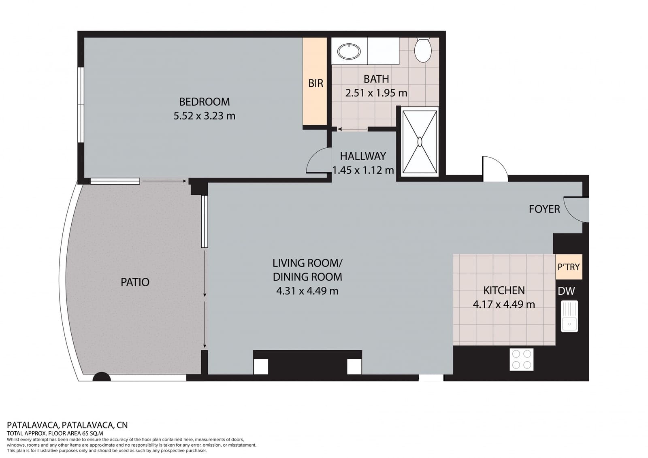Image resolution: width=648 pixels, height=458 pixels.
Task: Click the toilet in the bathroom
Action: [x=423, y=50]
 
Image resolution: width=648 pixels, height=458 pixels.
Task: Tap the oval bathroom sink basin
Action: [x=349, y=51]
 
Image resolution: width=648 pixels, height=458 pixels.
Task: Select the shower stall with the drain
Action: [x=420, y=142]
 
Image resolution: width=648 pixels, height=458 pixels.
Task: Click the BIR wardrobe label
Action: [x=315, y=83]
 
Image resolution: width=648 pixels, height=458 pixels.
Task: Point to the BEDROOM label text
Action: [x=204, y=101]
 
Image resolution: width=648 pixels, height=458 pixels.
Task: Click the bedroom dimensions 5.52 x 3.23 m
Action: [x=204, y=116]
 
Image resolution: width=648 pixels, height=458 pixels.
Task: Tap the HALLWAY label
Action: [x=362, y=156]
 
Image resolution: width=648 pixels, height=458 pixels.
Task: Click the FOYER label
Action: [x=544, y=209]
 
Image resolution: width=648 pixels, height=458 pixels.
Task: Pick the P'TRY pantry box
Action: [x=569, y=267]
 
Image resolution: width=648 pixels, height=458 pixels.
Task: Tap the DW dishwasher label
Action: [x=566, y=291]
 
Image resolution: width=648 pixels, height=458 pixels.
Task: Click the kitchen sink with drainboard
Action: [x=569, y=316]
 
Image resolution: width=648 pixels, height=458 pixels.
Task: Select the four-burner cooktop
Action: [x=521, y=359]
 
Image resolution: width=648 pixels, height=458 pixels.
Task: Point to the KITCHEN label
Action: [x=504, y=290]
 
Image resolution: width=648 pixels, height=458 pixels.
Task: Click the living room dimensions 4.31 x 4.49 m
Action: [x=307, y=291]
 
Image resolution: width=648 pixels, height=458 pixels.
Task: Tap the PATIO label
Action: [x=135, y=282]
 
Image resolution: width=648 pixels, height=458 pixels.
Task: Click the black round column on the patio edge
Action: [x=101, y=377]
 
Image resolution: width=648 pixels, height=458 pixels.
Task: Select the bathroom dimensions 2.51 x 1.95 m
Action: [x=376, y=93]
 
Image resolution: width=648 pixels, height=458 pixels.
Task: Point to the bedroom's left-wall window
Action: [x=81, y=104]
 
